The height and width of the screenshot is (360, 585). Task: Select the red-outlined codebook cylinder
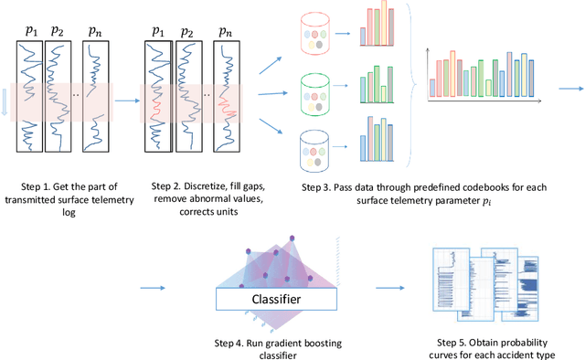click(315, 39)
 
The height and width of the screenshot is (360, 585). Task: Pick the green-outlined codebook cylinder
click(315, 92)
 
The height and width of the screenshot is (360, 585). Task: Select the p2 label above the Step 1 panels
click(58, 30)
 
